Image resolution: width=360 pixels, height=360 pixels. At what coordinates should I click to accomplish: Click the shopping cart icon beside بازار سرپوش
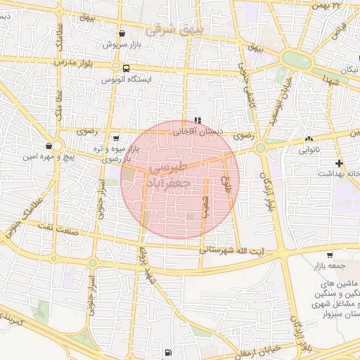[x=123, y=33]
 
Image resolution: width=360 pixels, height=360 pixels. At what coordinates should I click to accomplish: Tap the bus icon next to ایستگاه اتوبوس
[x=125, y=69]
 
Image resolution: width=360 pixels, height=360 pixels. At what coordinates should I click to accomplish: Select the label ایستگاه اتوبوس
[x=150, y=79]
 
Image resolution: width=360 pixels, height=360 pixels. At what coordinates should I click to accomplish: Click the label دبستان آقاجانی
[x=203, y=131]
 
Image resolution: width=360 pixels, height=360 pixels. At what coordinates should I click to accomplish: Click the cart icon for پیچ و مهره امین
[x=48, y=146]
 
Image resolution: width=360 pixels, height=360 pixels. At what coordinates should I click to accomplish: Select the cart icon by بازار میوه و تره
[x=115, y=138]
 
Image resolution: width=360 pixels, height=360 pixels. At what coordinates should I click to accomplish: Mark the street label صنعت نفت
[x=67, y=226]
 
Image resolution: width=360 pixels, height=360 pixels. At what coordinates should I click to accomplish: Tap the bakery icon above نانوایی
[x=309, y=139]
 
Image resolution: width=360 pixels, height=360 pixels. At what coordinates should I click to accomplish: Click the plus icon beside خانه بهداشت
[x=340, y=163]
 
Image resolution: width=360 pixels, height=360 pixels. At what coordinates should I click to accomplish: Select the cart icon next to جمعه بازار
[x=330, y=255]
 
